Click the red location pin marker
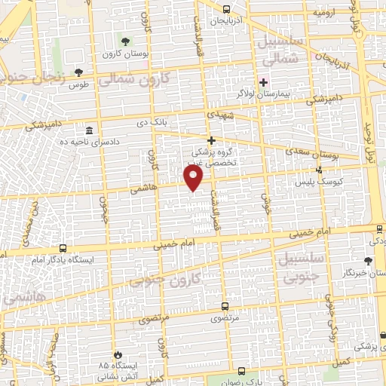(x=194, y=178)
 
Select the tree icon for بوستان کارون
(x=125, y=41)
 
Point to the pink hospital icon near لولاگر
(x=263, y=82)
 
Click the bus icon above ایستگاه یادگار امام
(x=63, y=247)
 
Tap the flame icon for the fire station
(x=117, y=354)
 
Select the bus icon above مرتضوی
(x=225, y=307)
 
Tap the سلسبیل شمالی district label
(x=280, y=47)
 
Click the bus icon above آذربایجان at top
(x=228, y=10)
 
